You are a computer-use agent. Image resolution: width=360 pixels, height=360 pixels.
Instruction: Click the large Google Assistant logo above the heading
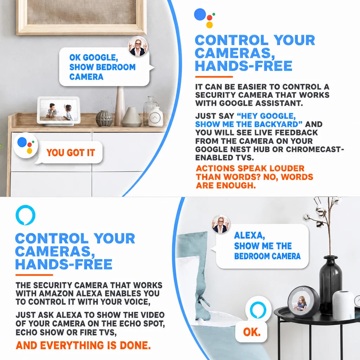pyautogui.click(x=204, y=18)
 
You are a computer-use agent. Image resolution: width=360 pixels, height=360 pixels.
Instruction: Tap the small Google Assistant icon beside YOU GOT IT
pyautogui.click(x=25, y=145)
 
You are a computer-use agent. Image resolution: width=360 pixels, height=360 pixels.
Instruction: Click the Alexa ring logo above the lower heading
pyautogui.click(x=25, y=215)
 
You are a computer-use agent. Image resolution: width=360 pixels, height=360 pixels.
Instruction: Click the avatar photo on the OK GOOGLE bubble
pyautogui.click(x=138, y=46)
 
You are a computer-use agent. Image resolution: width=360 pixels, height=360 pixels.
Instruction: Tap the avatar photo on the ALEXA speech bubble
pyautogui.click(x=221, y=224)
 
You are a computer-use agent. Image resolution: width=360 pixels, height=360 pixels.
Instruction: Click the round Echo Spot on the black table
pyautogui.click(x=303, y=302)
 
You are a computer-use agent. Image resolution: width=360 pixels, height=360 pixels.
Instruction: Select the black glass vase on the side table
pyautogui.click(x=330, y=285)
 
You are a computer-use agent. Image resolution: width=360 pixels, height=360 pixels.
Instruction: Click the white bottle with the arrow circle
pyautogui.click(x=155, y=116)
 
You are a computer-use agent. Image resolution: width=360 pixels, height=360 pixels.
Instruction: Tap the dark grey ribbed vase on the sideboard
pyautogui.click(x=104, y=118)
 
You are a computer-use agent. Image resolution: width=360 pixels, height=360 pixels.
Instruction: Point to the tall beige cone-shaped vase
pyautogui.click(x=120, y=106)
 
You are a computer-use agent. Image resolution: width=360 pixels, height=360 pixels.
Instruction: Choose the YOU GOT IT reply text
pyautogui.click(x=71, y=153)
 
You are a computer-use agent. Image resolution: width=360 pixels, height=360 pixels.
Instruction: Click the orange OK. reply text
pyautogui.click(x=252, y=332)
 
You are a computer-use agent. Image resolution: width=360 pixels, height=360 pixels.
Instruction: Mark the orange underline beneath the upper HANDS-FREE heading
pyautogui.click(x=214, y=77)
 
